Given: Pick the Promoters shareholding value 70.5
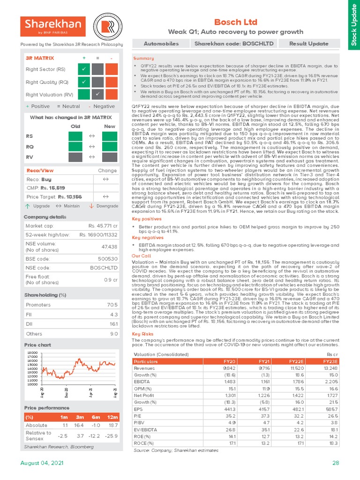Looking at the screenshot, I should click(x=112, y=305).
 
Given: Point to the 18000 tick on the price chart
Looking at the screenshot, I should click(x=32, y=352).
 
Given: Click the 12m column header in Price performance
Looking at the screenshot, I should click(x=113, y=417).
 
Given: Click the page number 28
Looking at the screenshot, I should click(x=335, y=463).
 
